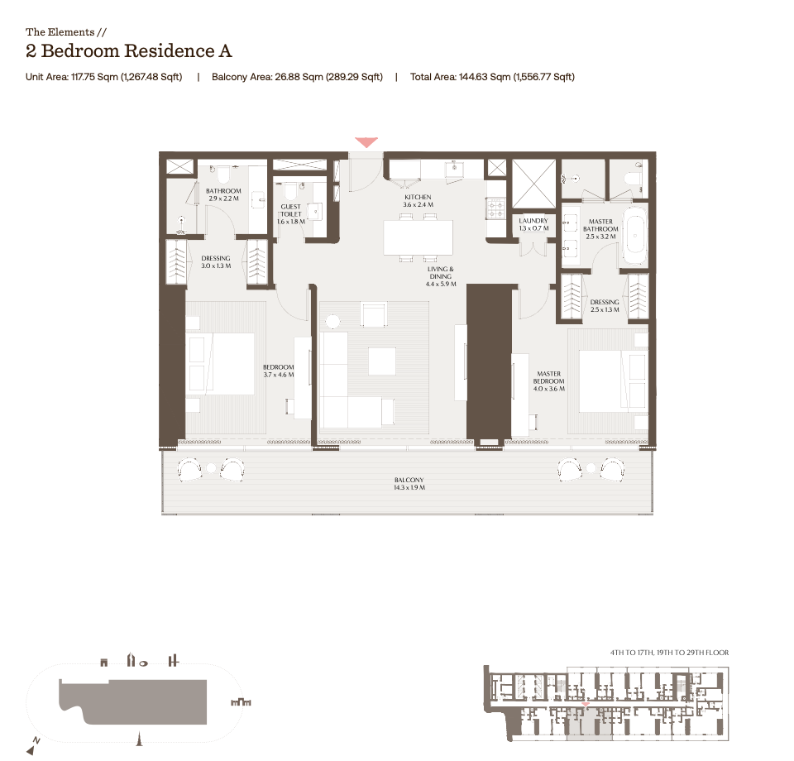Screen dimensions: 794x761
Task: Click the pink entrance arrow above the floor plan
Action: [x=366, y=142]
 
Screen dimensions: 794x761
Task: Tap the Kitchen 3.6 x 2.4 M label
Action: [x=418, y=201]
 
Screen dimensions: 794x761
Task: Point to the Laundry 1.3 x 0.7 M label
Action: [x=533, y=224]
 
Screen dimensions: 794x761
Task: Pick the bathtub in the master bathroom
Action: [x=634, y=236]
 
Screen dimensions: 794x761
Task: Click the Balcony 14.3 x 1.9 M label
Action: [x=409, y=484]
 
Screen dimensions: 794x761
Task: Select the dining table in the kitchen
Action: [x=418, y=237]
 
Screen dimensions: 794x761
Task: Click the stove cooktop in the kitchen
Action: [x=495, y=208]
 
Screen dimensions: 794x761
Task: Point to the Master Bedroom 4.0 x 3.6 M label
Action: [x=548, y=381]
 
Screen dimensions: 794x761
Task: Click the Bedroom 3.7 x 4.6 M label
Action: [x=278, y=371]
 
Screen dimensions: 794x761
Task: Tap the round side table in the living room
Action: [x=332, y=321]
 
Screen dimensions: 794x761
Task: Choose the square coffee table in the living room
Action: [x=382, y=361]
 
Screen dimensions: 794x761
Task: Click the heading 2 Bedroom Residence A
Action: [x=129, y=51]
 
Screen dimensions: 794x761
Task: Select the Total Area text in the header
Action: [x=492, y=77]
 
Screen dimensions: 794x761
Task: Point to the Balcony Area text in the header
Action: [x=297, y=77]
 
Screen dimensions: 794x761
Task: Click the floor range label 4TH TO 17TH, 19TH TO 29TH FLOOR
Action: [x=669, y=653]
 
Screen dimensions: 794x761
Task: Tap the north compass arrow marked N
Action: [x=33, y=746]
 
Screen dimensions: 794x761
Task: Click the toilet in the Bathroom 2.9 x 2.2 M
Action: [x=223, y=175]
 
